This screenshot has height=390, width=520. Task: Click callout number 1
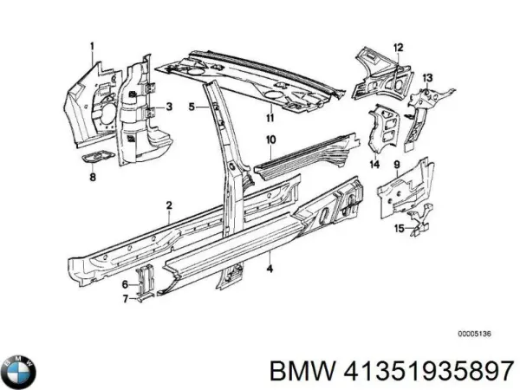[x=92, y=47]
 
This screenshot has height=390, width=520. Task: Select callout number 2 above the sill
[x=169, y=205]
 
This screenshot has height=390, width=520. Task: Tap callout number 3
[x=169, y=107]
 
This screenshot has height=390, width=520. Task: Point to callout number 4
[x=270, y=268]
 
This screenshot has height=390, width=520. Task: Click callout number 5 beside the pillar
[x=192, y=107]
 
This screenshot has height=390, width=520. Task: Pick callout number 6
[x=125, y=284]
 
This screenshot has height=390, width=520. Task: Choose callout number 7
[x=125, y=299]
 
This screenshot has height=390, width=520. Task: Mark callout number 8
[x=93, y=177]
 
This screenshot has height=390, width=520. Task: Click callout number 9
[x=397, y=165]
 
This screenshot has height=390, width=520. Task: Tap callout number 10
[x=271, y=140]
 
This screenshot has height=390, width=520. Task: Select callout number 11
[x=270, y=117]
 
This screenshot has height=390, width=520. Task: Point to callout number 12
[x=399, y=48]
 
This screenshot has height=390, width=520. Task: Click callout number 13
[x=427, y=78]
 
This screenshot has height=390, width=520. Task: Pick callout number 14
[x=374, y=164]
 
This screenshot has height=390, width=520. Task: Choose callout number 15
[x=400, y=229]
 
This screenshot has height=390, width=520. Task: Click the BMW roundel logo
[x=18, y=372]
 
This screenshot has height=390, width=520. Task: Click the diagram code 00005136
[x=475, y=334]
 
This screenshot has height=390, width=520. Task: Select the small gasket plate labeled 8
[x=98, y=157]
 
